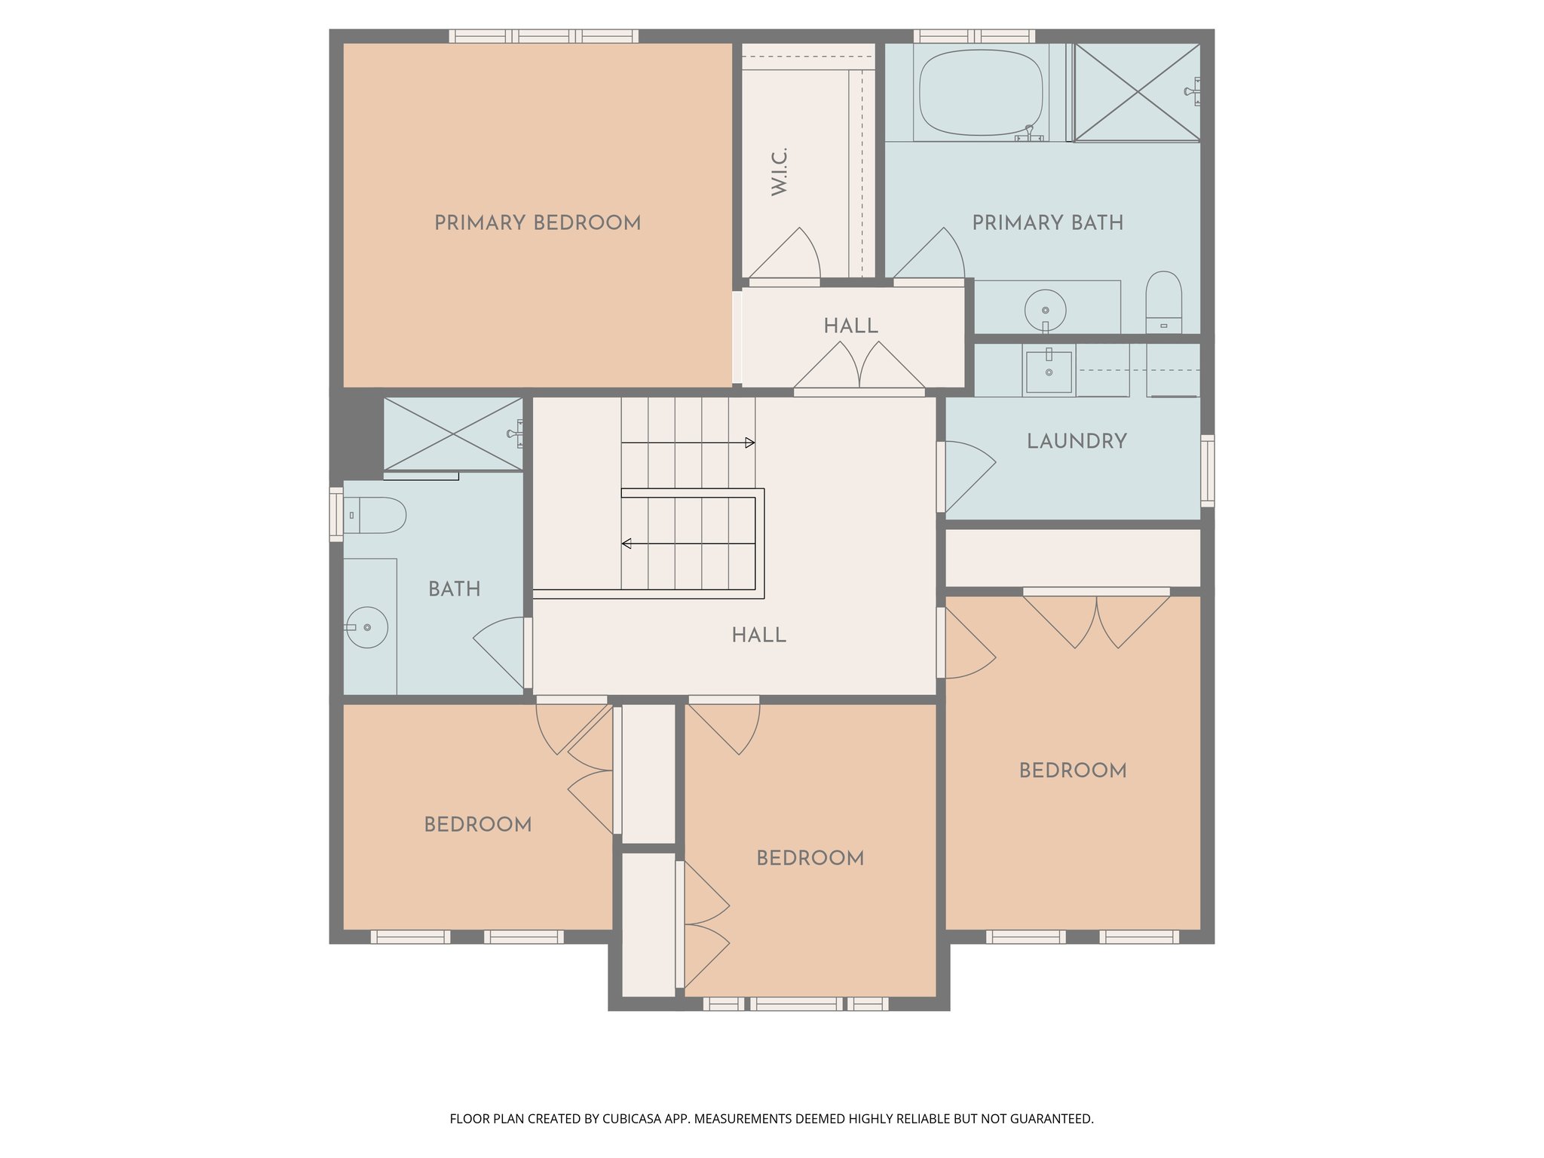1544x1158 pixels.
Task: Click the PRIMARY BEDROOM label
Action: tap(538, 223)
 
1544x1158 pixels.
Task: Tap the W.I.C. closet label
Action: tap(780, 172)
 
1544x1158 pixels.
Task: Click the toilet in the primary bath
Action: tap(1163, 301)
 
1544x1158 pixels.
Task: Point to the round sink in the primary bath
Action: tap(1046, 309)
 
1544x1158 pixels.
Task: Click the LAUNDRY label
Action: tap(1077, 442)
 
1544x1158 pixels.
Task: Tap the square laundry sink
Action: tap(1049, 372)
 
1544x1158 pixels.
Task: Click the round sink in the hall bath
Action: tap(367, 627)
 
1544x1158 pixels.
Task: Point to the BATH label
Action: tap(455, 590)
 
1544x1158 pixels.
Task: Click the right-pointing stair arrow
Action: tap(749, 443)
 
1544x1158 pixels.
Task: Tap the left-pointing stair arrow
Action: tap(626, 544)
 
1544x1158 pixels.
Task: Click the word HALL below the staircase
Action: tap(758, 636)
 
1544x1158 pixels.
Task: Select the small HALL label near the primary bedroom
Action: tap(850, 326)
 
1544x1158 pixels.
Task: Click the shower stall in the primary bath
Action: tap(1137, 92)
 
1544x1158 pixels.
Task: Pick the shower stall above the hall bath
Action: tap(452, 433)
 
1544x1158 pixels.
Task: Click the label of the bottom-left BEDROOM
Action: tap(478, 825)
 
